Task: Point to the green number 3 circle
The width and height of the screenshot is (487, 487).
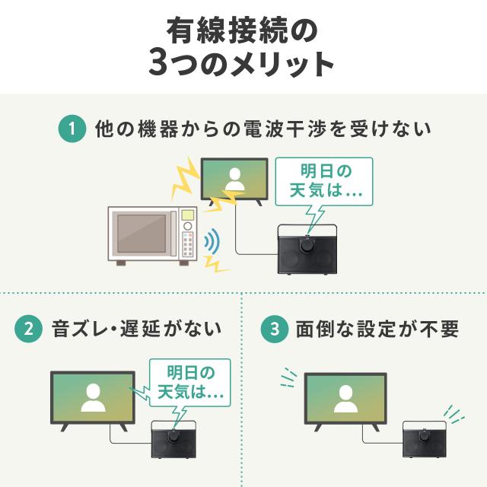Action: click(x=272, y=329)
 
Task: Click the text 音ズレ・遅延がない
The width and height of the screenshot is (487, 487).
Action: click(x=136, y=329)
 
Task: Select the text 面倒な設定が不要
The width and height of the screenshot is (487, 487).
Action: click(x=371, y=329)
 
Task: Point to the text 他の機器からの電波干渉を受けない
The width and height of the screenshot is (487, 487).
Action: click(x=263, y=129)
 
